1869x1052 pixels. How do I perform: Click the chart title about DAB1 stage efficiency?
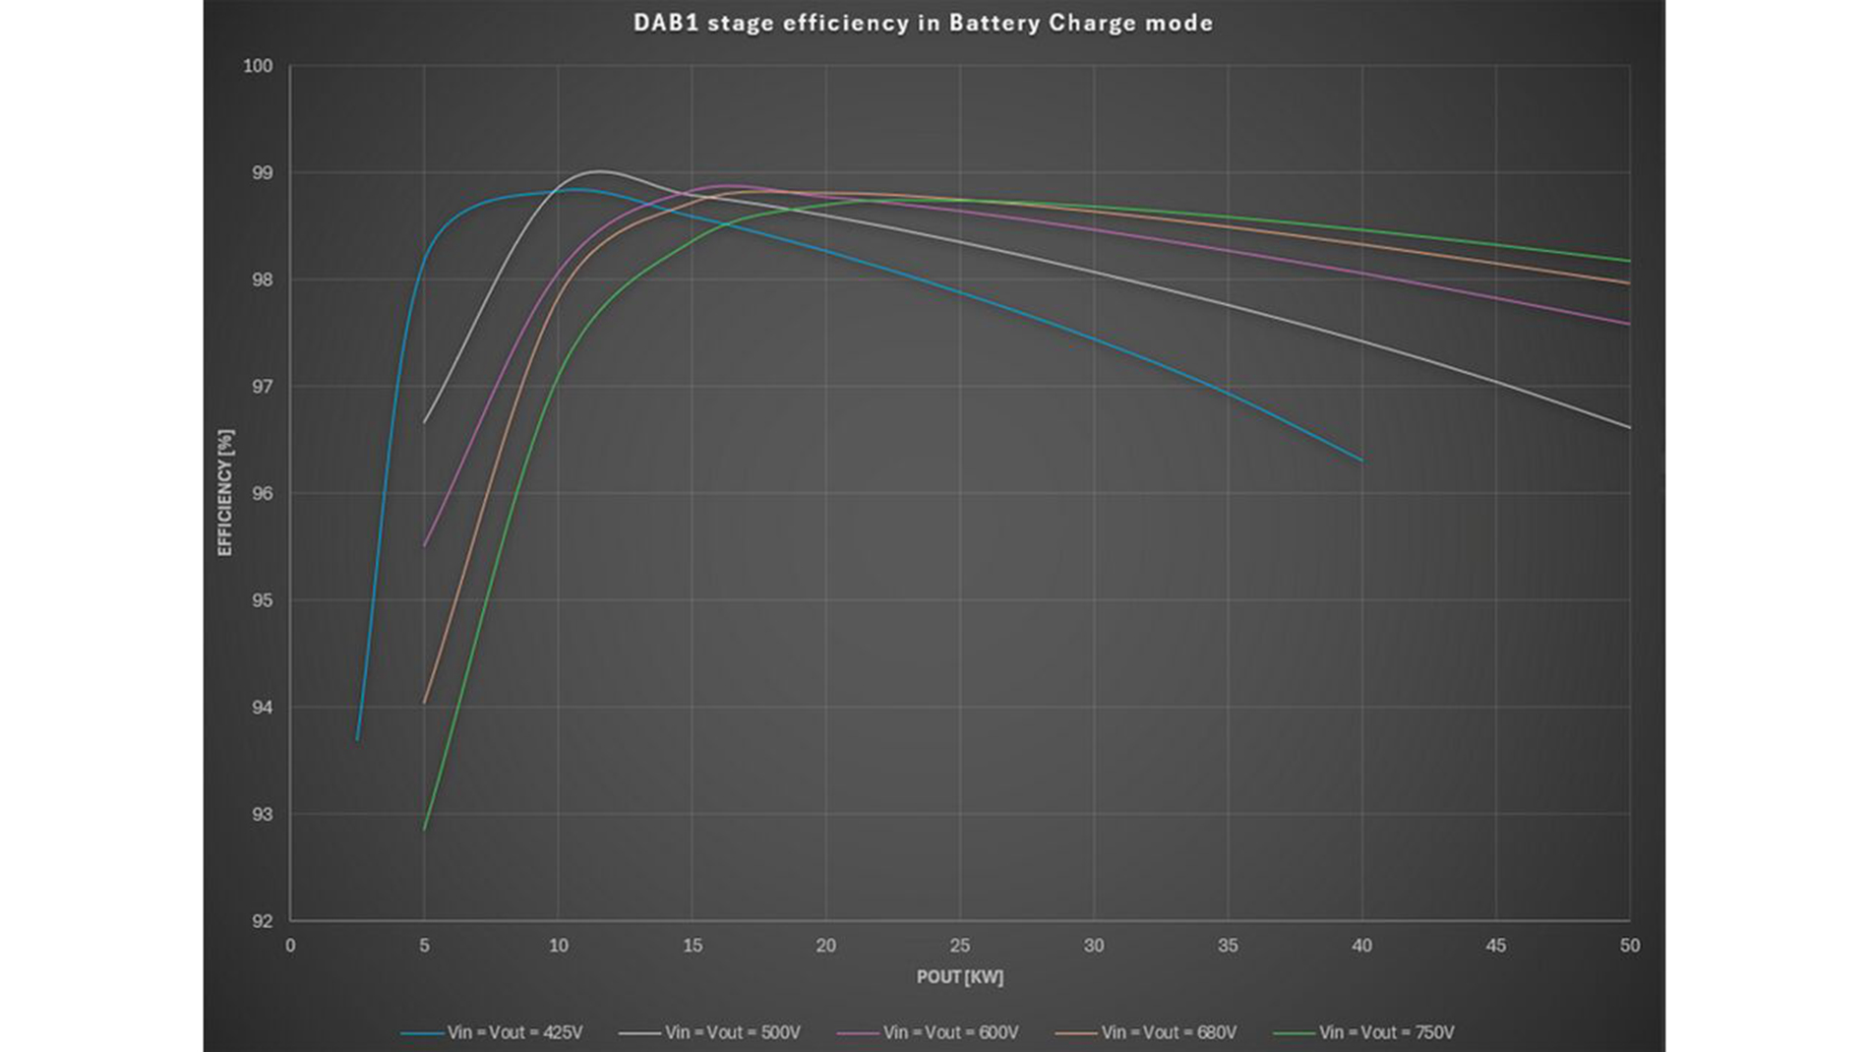click(923, 23)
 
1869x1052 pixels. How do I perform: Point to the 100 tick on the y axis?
click(258, 66)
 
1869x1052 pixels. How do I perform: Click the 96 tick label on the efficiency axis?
click(262, 494)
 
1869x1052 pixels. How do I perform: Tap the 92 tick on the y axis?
click(262, 921)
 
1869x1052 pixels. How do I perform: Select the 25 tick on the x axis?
click(960, 946)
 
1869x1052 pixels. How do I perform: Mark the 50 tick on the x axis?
click(1630, 946)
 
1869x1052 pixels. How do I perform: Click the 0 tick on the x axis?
click(290, 946)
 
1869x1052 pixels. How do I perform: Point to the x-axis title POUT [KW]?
click(960, 977)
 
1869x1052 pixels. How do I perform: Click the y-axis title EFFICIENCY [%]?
click(225, 493)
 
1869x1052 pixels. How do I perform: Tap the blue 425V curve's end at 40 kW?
click(1361, 461)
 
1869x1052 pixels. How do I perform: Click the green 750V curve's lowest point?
click(424, 830)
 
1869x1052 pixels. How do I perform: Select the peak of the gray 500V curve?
click(600, 171)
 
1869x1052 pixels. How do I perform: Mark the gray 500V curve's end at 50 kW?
click(1630, 428)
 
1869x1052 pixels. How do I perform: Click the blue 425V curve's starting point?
click(357, 739)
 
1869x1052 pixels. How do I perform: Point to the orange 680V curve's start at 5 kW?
click(424, 703)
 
